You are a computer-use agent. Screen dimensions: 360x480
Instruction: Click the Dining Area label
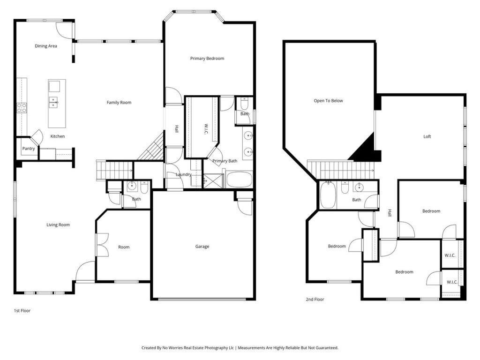click(46, 46)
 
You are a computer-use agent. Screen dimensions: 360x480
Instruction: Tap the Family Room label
click(119, 103)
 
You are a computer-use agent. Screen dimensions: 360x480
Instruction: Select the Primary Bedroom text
click(207, 59)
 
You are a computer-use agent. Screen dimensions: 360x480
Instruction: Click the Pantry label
click(29, 149)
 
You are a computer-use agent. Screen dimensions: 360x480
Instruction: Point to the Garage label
click(202, 247)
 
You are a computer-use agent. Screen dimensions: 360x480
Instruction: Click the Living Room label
click(58, 225)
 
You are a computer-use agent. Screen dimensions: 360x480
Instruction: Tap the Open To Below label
click(328, 101)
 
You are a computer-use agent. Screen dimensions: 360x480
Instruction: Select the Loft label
click(427, 137)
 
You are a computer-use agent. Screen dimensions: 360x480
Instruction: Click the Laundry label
click(183, 175)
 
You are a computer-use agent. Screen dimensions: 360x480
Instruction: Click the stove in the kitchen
click(22, 108)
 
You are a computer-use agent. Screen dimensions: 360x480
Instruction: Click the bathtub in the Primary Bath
click(240, 180)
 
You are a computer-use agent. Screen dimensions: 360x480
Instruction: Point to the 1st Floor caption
click(22, 310)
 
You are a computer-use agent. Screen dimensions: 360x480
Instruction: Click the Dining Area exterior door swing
click(64, 29)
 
